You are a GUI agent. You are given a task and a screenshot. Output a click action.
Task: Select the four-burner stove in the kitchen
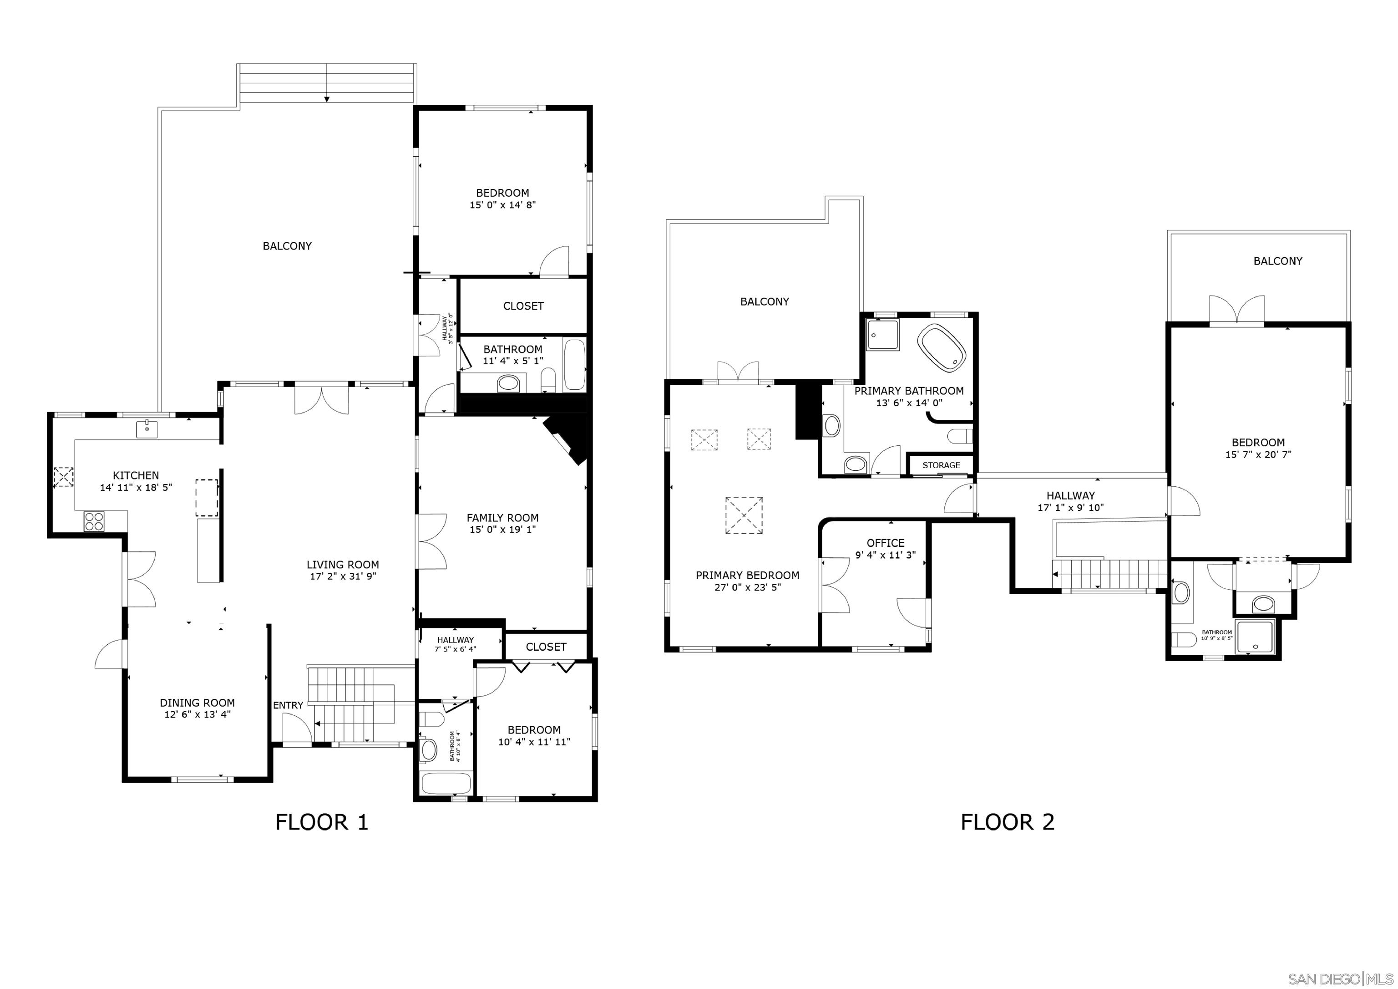click(94, 522)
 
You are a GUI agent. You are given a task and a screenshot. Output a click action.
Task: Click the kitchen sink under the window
click(147, 428)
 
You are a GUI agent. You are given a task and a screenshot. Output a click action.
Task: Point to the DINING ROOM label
click(198, 703)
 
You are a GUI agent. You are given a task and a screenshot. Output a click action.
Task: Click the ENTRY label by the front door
click(288, 705)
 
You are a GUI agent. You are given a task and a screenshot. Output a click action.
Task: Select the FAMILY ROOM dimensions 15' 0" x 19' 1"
click(502, 530)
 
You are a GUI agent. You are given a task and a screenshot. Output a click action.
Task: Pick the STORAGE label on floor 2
click(941, 465)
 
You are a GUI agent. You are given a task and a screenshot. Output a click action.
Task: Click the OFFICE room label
click(885, 543)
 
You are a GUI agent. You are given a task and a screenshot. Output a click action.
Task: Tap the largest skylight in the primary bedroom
click(744, 515)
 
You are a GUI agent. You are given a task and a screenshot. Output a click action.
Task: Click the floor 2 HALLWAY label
click(1070, 496)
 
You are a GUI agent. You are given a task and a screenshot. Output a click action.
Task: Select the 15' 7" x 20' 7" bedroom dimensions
click(1258, 454)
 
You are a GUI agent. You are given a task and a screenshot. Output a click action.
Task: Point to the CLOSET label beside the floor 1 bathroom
click(523, 306)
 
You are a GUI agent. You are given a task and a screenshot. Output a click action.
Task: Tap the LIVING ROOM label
click(343, 565)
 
